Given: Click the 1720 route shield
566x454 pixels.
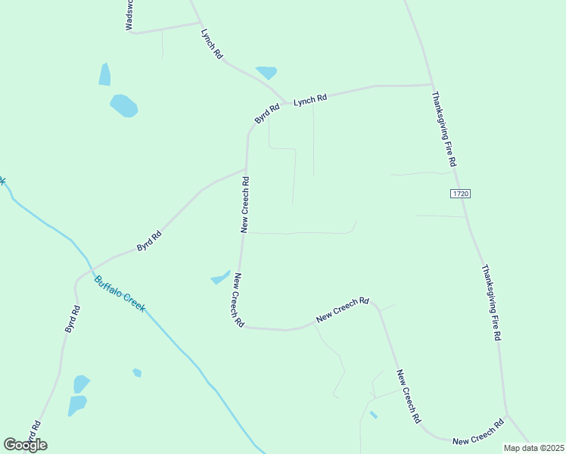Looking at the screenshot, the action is click(461, 194).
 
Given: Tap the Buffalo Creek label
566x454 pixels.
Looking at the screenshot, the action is click(119, 294).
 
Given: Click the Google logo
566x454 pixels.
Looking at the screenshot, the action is click(25, 445).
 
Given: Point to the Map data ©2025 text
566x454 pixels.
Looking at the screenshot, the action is click(533, 448).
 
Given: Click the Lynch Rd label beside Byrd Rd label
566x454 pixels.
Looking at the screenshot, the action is click(310, 99).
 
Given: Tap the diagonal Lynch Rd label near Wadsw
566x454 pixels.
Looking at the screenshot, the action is click(212, 44).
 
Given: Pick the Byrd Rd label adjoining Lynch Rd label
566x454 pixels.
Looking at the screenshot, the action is click(267, 114).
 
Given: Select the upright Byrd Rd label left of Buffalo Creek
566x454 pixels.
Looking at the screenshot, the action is click(72, 319).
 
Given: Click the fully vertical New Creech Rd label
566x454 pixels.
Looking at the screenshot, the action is click(245, 204).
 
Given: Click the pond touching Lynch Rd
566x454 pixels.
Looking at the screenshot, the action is click(266, 73).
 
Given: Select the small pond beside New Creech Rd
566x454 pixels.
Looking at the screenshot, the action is click(220, 278).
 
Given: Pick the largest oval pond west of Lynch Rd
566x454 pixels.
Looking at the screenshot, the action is click(123, 105).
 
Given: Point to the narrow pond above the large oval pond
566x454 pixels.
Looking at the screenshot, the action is click(104, 74).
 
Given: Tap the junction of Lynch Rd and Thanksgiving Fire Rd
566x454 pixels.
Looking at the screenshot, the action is click(431, 85).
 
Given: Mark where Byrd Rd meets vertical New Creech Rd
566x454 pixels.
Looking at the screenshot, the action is click(246, 168).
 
